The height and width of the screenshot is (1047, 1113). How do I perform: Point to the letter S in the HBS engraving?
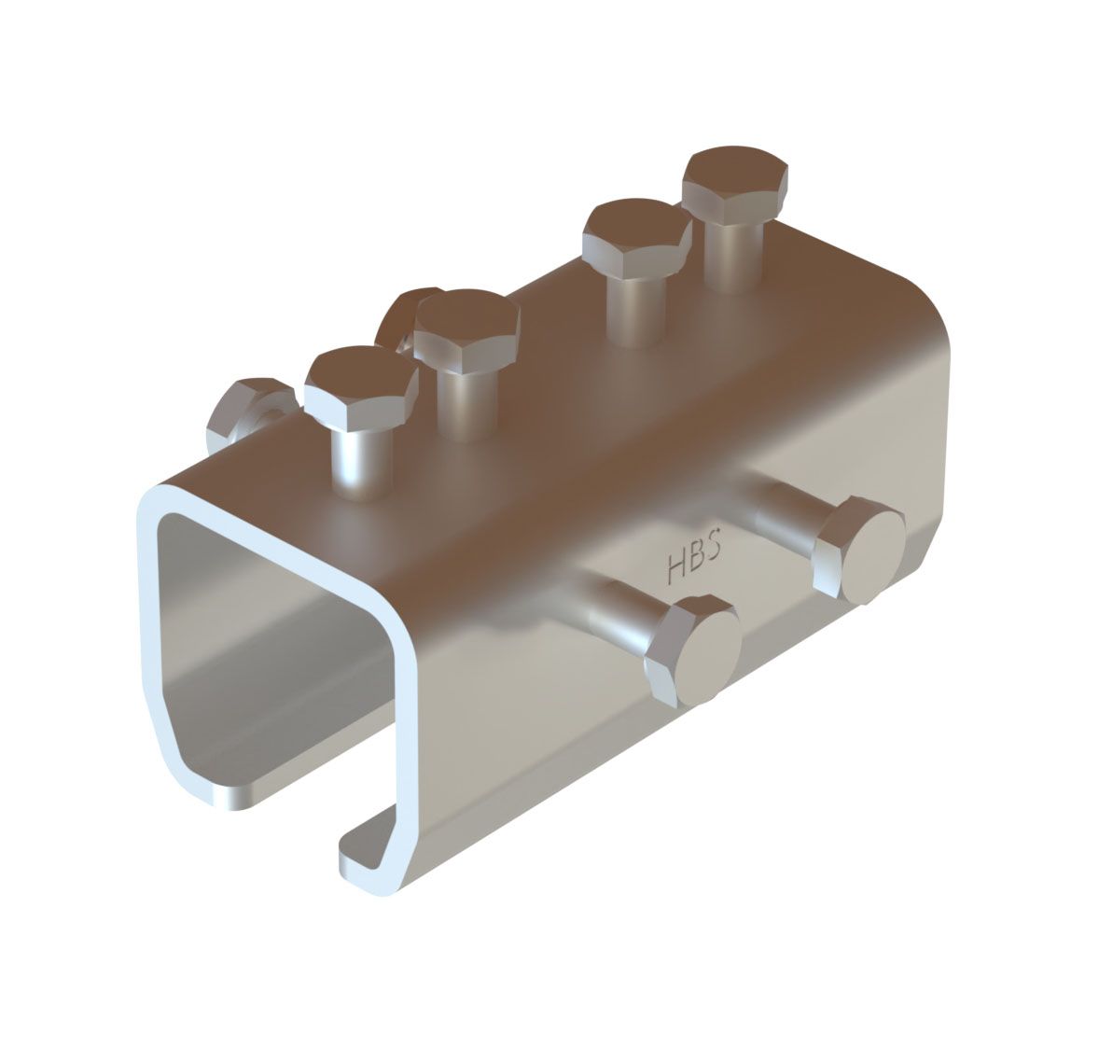click(714, 549)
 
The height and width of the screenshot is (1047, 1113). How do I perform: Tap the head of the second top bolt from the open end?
click(467, 328)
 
